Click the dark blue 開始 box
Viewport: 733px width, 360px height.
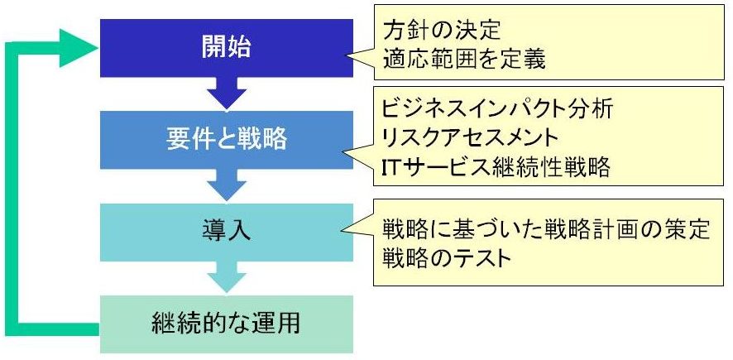(227, 48)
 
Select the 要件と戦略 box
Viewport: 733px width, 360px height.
(227, 140)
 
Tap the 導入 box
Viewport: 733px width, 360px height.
(227, 233)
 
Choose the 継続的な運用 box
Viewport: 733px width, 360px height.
(227, 324)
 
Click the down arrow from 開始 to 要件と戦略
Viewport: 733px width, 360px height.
(227, 93)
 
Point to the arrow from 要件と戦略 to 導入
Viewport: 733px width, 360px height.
(227, 185)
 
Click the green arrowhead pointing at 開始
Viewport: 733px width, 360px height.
(78, 48)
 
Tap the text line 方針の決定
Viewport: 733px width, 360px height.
(441, 31)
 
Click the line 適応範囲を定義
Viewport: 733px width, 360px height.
(464, 60)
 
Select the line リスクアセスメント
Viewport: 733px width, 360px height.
(470, 137)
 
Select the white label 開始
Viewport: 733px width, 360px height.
(226, 47)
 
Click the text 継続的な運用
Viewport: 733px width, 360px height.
(226, 324)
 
